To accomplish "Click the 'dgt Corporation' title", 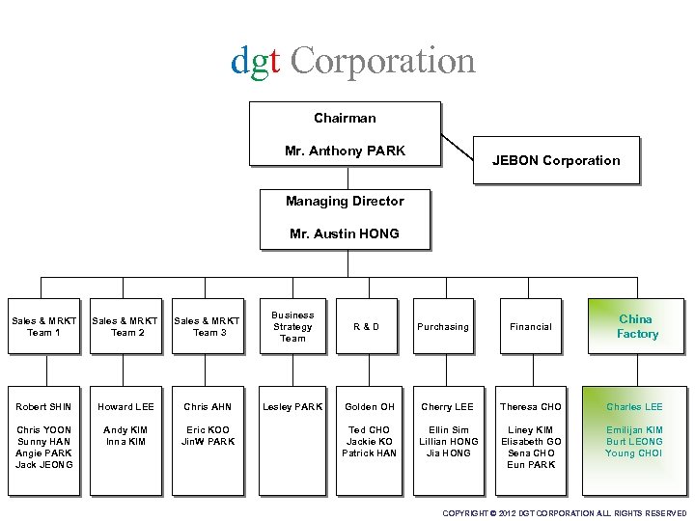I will click(353, 60).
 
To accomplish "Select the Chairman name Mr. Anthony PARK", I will click(345, 151).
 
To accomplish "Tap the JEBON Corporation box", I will click(556, 160).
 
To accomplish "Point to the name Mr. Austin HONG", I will click(345, 233).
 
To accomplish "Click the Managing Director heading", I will click(345, 201).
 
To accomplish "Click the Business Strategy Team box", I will click(292, 326).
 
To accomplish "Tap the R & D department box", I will click(366, 327).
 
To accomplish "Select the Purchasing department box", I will click(443, 327).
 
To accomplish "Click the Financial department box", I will click(531, 327).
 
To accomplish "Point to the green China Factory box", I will click(637, 326).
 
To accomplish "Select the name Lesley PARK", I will click(292, 407).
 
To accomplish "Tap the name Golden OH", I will click(369, 407).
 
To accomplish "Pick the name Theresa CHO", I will click(531, 407).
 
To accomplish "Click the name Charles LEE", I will click(634, 407).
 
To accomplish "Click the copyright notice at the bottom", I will click(564, 513).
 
